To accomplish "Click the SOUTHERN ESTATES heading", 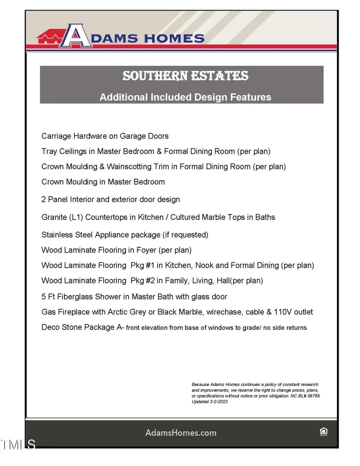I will coord(185,76).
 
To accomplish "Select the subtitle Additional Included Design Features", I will coord(185,97).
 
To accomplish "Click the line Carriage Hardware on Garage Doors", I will coord(105,136).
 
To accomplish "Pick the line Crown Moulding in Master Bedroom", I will coord(103,182).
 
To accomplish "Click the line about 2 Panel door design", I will coord(110,200).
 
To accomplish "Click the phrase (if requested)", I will coord(185,235).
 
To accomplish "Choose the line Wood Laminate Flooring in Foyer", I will coord(117,250).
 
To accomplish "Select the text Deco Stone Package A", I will coord(82,327).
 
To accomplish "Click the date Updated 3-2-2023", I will coord(209,401).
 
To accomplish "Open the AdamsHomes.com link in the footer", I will coord(180,433).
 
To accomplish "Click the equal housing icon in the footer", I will coord(323,432).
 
